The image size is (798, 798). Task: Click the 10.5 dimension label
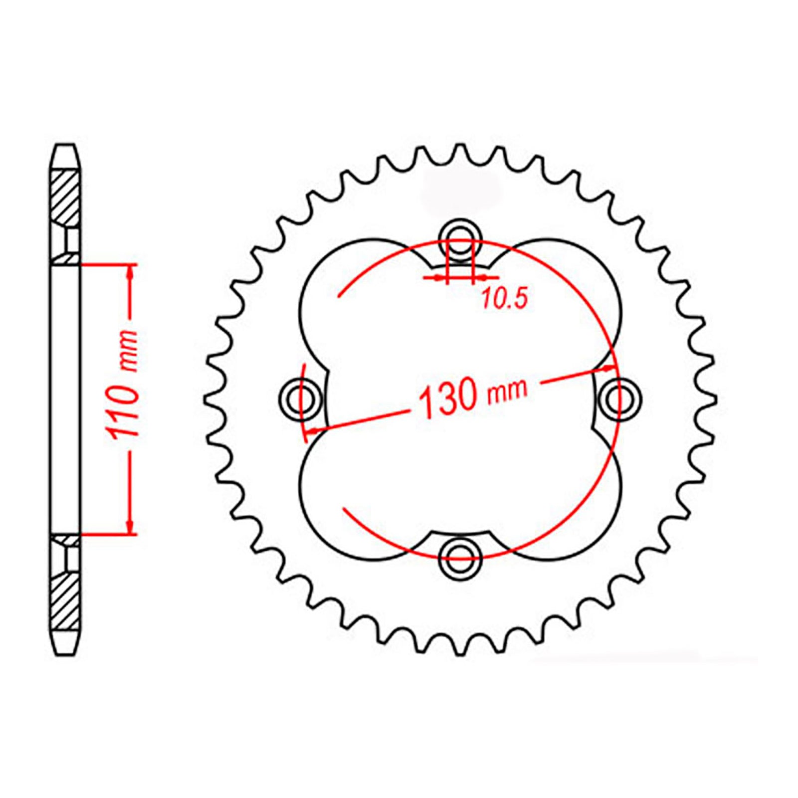(x=504, y=299)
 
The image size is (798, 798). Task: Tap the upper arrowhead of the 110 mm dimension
(x=131, y=272)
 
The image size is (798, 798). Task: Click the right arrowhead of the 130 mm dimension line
(x=609, y=369)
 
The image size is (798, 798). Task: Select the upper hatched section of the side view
(x=65, y=197)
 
